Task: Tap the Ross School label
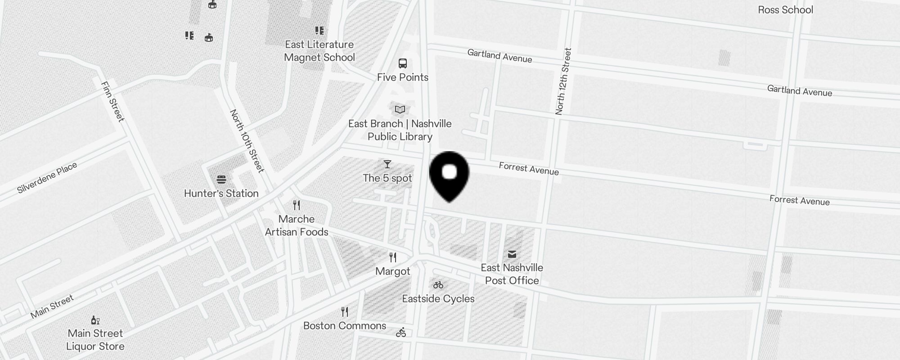[x=785, y=10]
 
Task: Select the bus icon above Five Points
[x=403, y=63]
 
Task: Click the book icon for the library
[x=400, y=109]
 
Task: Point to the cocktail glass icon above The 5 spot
[x=387, y=164]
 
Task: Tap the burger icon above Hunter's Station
[x=221, y=180]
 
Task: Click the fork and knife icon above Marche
[x=296, y=205]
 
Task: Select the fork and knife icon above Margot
[x=393, y=257]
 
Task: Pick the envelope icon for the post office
[x=512, y=254]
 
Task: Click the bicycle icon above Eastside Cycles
[x=438, y=285]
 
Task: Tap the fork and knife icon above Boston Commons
[x=345, y=311]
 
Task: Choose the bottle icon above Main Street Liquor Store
[x=95, y=320]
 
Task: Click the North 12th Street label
[x=563, y=81]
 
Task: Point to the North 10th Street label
[x=247, y=141]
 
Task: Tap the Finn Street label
[x=112, y=102]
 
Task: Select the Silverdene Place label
[x=47, y=178]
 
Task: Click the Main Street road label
[x=52, y=307]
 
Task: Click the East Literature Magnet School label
[x=319, y=51]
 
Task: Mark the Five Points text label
[x=403, y=77]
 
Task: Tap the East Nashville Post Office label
[x=512, y=274]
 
